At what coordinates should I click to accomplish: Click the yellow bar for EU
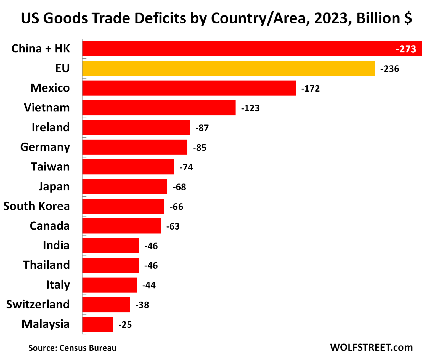tap(228, 68)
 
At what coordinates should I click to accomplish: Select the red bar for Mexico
tap(189, 88)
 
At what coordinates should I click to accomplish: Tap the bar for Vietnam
tap(159, 108)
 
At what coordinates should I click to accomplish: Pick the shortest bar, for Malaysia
tap(97, 324)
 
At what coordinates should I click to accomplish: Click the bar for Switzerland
tap(106, 305)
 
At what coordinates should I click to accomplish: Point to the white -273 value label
tap(406, 49)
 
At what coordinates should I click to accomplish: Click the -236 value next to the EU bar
tap(389, 69)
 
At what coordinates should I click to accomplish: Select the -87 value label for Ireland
tap(202, 128)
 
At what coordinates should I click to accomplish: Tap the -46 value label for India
tap(151, 246)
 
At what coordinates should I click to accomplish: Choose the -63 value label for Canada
tap(173, 226)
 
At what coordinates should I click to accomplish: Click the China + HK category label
tap(41, 49)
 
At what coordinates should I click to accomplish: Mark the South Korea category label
tap(36, 206)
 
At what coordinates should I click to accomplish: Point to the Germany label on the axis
tap(45, 147)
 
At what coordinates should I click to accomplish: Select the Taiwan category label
tap(50, 167)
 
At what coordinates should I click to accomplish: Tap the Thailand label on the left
tap(46, 265)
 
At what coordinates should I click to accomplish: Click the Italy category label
tap(58, 285)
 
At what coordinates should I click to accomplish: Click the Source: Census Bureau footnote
tap(72, 348)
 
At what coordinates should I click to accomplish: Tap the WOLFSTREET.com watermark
tap(371, 347)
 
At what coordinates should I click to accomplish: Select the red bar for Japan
tap(124, 186)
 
